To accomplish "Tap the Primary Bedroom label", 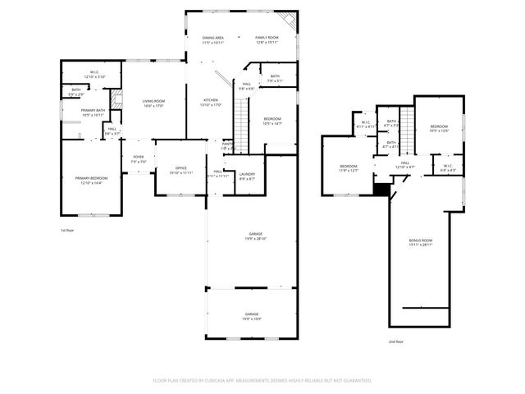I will (91, 180).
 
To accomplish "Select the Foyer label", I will (138, 159).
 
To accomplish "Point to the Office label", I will (180, 170).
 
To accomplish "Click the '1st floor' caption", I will (67, 231).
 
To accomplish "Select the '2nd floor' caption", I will (396, 341).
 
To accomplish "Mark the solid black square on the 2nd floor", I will (380, 189).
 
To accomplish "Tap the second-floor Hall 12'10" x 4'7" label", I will (405, 165).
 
